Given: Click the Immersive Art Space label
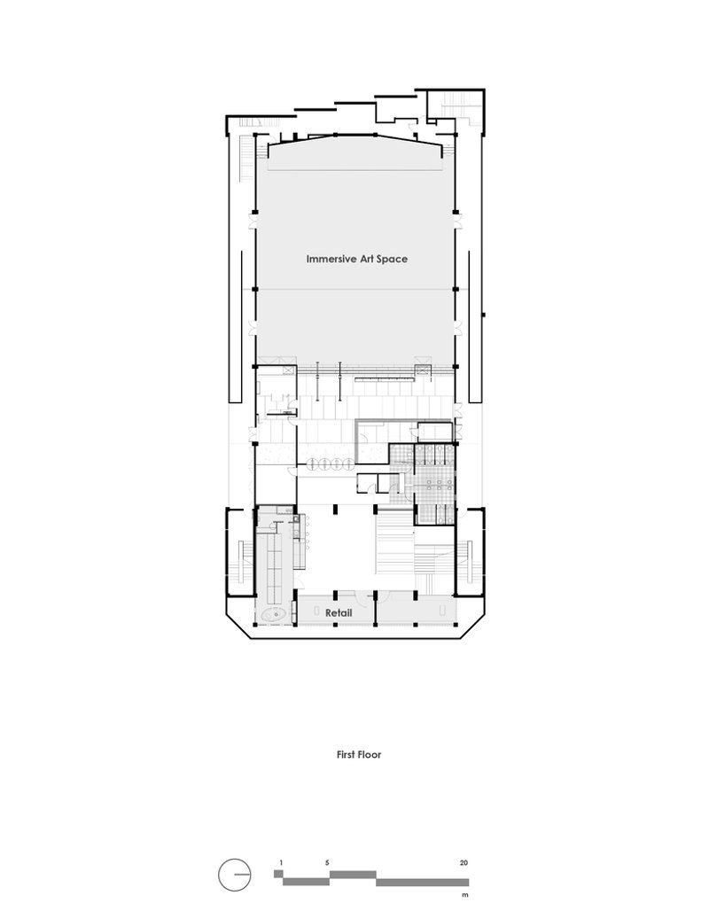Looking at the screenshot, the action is pos(357,259).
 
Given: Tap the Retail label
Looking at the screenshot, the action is pos(339,613).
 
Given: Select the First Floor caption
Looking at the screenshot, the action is pos(359,755).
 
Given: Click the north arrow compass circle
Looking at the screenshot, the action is pos(234,875).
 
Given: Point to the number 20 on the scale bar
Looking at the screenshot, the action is pos(464,863).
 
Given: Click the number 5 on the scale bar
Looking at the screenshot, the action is pos(327,863).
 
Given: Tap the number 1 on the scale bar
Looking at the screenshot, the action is pos(281,863).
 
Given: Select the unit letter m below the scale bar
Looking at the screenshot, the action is pos(465,895).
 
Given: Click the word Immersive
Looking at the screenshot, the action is pos(331,259).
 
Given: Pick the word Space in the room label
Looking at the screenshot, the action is pos(393,259).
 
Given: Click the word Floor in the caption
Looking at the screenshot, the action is pos(370,755).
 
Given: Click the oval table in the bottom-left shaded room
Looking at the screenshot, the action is pos(274,614).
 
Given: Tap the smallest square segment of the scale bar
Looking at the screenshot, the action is pos(277,874).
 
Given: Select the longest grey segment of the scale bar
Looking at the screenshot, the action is pos(423,882).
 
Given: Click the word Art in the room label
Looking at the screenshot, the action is pos(365,259).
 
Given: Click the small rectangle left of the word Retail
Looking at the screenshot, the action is pos(316,611).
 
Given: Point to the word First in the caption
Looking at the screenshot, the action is pos(346,755).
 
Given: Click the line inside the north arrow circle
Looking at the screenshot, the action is pos(242,875).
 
